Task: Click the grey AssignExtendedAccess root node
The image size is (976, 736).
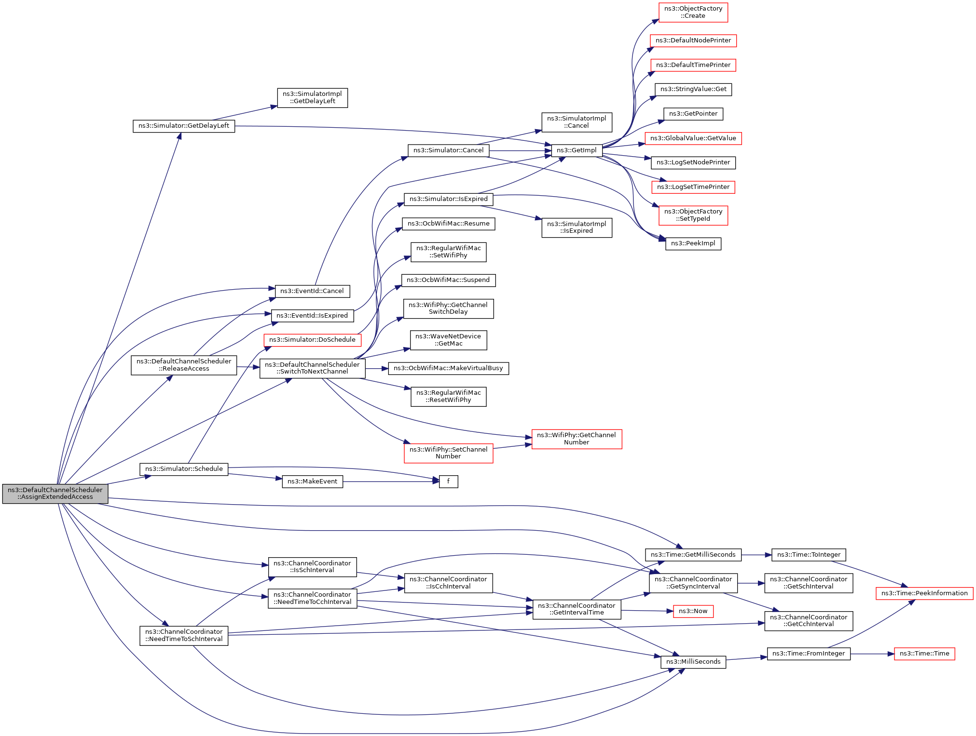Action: pyautogui.click(x=55, y=494)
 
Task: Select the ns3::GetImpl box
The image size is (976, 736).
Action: pyautogui.click(x=577, y=150)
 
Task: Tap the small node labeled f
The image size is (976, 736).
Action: pyautogui.click(x=448, y=482)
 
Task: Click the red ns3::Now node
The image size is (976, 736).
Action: pyautogui.click(x=693, y=611)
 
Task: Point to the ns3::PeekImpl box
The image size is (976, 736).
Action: pyautogui.click(x=693, y=244)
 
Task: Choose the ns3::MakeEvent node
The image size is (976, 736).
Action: pyautogui.click(x=312, y=482)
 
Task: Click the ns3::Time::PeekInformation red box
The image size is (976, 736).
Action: pyautogui.click(x=924, y=593)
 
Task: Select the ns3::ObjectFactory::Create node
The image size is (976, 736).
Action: pyautogui.click(x=693, y=13)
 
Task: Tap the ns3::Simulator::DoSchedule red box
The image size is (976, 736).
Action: pyautogui.click(x=312, y=340)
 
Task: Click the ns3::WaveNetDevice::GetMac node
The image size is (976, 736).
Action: pyautogui.click(x=448, y=340)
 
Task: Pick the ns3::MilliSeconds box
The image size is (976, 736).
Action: pyautogui.click(x=693, y=662)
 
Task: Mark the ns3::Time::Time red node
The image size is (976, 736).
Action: pyautogui.click(x=924, y=654)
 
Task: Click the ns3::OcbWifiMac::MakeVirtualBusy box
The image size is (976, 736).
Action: pyautogui.click(x=448, y=369)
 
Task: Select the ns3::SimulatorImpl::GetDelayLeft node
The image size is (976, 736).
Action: pyautogui.click(x=312, y=98)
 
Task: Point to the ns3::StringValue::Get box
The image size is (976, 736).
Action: pyautogui.click(x=693, y=90)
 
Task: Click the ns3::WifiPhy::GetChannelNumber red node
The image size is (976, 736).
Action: pyautogui.click(x=577, y=439)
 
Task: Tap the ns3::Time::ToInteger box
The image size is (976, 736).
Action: pyautogui.click(x=809, y=555)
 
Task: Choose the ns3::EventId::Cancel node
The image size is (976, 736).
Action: pyautogui.click(x=312, y=291)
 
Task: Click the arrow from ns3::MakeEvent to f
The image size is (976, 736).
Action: pyautogui.click(x=391, y=482)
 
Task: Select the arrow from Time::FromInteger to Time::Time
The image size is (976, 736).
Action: pyautogui.click(x=872, y=654)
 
